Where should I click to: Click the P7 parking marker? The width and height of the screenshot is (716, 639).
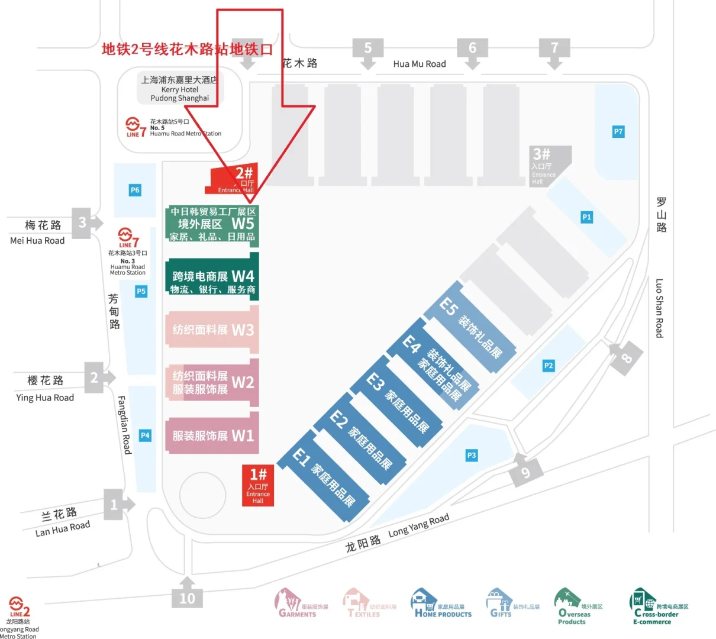tap(618, 131)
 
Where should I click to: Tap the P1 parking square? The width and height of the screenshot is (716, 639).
tap(586, 217)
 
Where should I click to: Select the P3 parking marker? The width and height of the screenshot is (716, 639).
tap(471, 455)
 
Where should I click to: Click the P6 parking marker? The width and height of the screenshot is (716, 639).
tap(135, 190)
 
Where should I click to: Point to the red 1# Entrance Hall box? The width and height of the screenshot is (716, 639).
tap(258, 485)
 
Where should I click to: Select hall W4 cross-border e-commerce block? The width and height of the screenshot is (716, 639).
tap(212, 277)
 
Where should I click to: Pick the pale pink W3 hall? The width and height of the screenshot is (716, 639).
tap(212, 330)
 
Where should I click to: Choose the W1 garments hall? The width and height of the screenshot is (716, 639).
tap(212, 435)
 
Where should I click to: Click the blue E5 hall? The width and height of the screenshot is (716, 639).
tap(470, 327)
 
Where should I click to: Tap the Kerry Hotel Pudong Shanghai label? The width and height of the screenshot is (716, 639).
tap(179, 89)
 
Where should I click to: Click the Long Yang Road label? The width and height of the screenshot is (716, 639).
tap(418, 525)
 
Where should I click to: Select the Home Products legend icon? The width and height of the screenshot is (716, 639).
tap(423, 603)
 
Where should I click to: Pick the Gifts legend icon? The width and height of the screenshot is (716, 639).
tap(498, 603)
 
